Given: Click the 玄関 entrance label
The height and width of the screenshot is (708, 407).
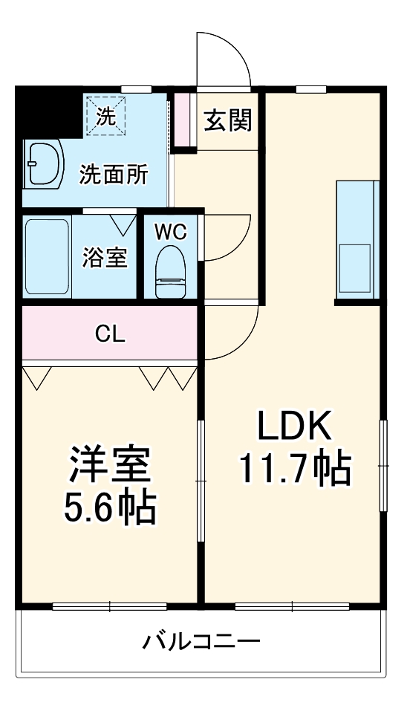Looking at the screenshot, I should [228, 120].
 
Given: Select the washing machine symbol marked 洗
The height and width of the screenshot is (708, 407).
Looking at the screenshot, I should [104, 116].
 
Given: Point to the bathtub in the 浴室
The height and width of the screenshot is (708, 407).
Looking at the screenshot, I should [47, 256].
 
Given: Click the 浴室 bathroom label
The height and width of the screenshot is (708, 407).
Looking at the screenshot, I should [105, 257].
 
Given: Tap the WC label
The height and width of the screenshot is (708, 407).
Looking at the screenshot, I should [171, 232].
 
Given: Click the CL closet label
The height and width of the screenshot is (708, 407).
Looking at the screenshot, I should [109, 334].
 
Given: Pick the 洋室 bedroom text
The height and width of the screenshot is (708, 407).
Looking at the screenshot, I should [111, 466].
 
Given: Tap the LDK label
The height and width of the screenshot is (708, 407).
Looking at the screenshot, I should [294, 426].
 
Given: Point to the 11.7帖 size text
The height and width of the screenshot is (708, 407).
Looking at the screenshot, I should [294, 468].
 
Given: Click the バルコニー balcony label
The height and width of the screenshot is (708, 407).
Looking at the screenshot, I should [201, 640].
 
